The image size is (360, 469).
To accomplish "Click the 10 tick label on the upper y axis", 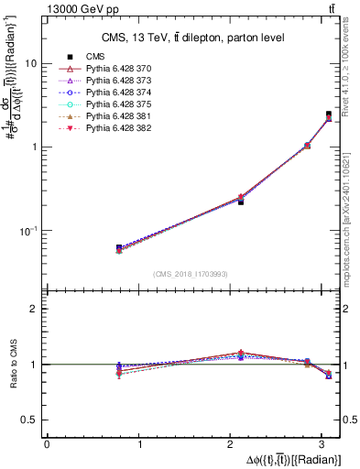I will click(x=30, y=64).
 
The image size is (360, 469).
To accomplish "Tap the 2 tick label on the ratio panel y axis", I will click(x=33, y=309).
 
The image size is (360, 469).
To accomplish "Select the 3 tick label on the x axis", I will click(x=324, y=444).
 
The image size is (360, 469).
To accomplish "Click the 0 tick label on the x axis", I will click(x=47, y=444).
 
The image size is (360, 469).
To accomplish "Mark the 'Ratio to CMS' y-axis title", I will click(x=12, y=364).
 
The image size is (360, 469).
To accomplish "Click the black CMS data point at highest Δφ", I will click(x=329, y=115).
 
